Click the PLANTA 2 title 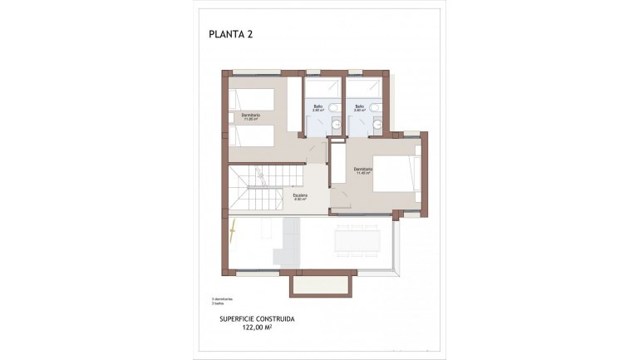pos(230,34)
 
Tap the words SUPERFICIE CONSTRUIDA pos(257,318)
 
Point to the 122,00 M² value pos(257,328)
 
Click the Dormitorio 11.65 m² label pos(251,116)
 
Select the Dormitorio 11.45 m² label pos(363,172)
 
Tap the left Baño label pos(318,107)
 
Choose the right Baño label pos(359,107)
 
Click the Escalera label pos(299,197)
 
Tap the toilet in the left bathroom pos(332,107)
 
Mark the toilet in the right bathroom pos(374,107)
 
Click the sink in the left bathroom pos(335,124)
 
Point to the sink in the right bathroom pos(377,124)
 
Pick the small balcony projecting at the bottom pos(318,285)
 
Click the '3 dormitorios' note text pos(223,298)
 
